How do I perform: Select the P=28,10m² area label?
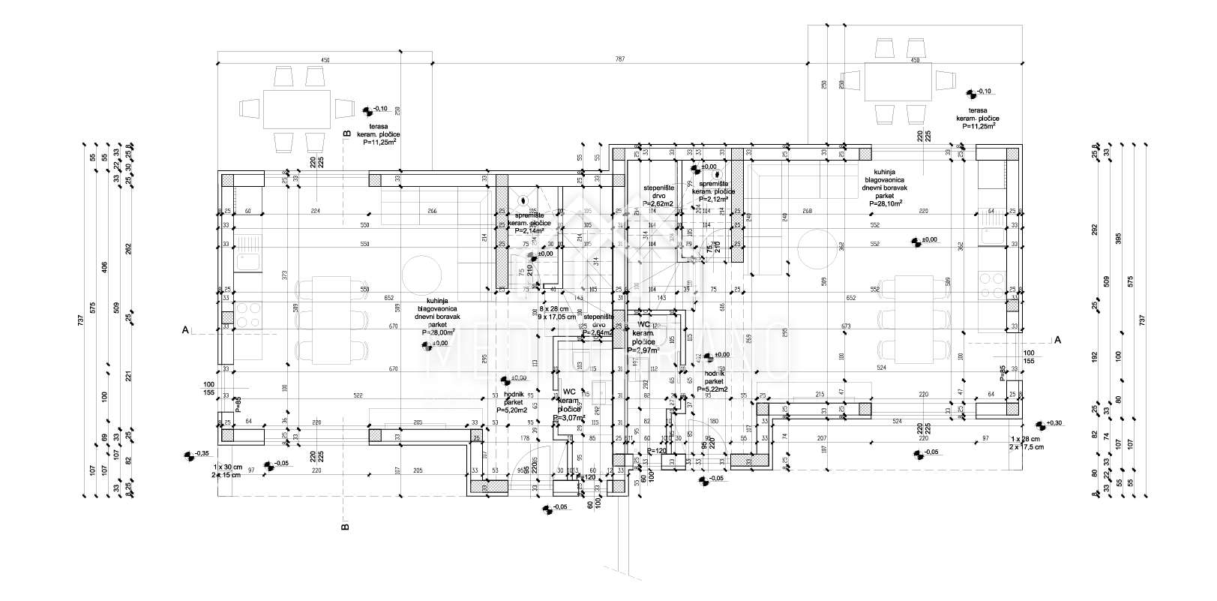886,203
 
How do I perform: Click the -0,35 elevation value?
202,454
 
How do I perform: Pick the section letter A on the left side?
184,329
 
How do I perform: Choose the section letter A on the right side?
1058,340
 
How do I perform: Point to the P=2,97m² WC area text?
644,350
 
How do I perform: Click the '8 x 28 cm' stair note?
553,309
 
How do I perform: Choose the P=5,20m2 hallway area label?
512,410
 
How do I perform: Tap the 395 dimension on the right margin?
1118,260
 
